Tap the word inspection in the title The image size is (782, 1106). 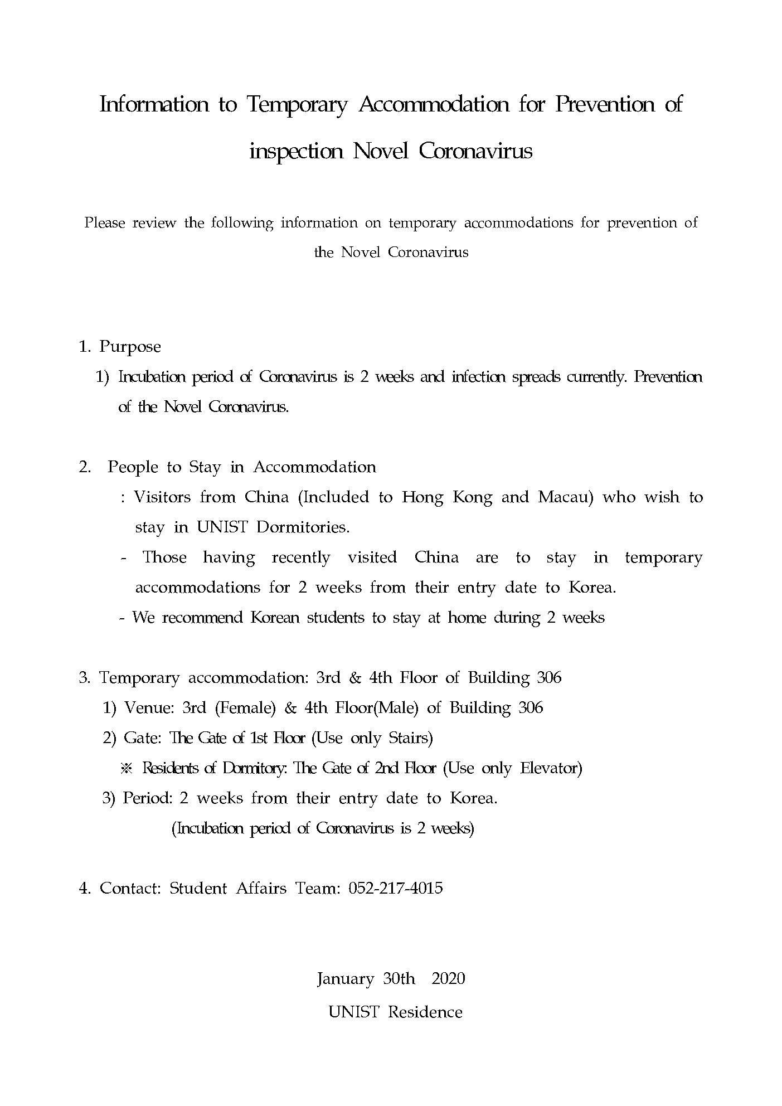coord(295,151)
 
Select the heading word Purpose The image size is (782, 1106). coord(130,347)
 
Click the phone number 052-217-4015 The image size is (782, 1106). coord(395,889)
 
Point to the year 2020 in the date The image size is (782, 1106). coord(448,979)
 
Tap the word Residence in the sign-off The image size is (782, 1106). coord(425,1012)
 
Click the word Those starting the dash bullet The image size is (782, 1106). coord(164,557)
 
